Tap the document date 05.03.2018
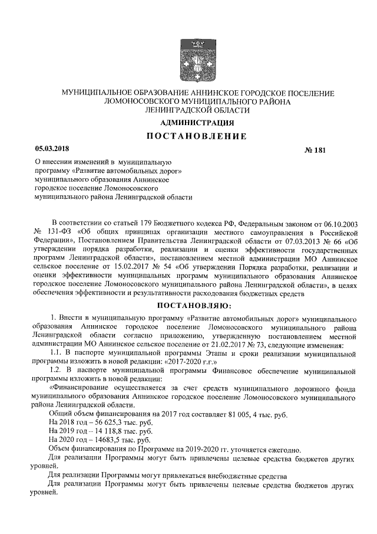pos(52,149)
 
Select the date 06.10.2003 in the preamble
pos(338,220)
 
